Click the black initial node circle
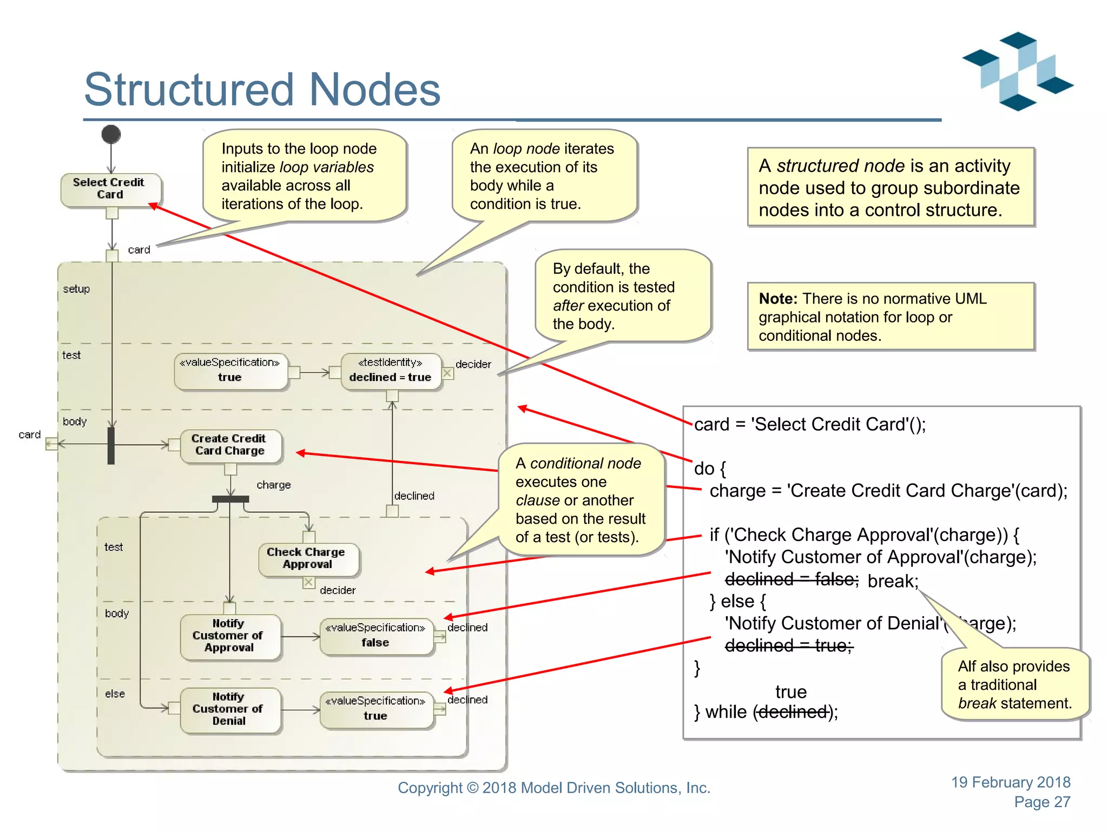(111, 134)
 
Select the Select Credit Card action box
(110, 189)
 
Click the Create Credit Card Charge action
(230, 445)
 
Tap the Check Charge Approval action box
(308, 558)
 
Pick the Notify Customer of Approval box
(229, 636)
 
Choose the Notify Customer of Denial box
(229, 709)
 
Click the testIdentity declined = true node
(391, 371)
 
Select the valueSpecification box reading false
(376, 636)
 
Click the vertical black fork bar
(111, 445)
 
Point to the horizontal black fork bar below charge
(230, 499)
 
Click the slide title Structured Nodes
(262, 89)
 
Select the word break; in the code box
(893, 581)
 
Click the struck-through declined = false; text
(792, 579)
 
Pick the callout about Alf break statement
(1014, 684)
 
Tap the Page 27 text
(1042, 802)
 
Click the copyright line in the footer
(554, 788)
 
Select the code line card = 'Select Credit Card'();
(810, 424)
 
